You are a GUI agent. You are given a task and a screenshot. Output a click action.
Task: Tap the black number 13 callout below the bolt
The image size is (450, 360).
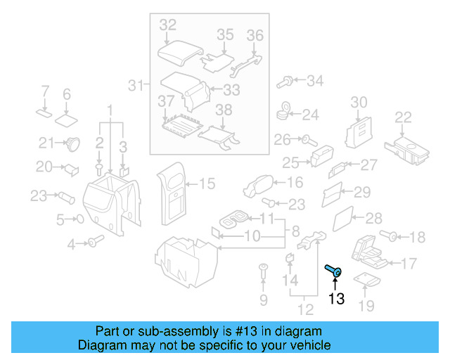tap(337, 299)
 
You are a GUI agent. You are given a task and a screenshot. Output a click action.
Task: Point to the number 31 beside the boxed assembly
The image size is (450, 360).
tap(136, 86)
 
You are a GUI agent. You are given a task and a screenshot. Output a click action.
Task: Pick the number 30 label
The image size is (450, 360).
tap(359, 103)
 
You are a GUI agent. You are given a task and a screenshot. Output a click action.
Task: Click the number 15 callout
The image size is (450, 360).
tap(207, 184)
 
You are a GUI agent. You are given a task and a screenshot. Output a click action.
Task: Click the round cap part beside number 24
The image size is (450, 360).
tap(285, 111)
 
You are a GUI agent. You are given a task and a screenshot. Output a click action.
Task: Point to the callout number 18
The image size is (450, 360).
tap(417, 237)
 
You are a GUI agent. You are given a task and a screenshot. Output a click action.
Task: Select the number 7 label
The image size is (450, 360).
tap(44, 91)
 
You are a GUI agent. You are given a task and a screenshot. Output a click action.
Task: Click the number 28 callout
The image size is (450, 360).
tap(373, 218)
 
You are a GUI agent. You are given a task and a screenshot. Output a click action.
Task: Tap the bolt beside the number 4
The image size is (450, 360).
tap(93, 243)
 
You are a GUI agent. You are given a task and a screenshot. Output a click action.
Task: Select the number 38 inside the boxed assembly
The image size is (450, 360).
tap(223, 110)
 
